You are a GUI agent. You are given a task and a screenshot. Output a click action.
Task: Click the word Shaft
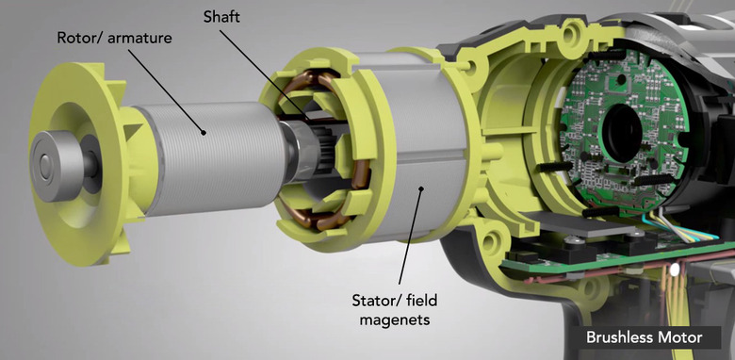tap(221, 18)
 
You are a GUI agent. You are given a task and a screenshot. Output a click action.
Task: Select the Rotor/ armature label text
tap(114, 38)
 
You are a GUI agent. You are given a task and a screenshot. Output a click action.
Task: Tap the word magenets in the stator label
tap(394, 320)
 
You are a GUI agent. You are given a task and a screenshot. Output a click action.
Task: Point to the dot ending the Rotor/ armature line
tap(204, 133)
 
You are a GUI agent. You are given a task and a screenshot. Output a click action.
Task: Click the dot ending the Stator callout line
tap(421, 188)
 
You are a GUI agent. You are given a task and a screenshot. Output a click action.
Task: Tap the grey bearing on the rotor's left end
tap(57, 166)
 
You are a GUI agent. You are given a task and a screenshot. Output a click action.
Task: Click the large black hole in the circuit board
tap(622, 133)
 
